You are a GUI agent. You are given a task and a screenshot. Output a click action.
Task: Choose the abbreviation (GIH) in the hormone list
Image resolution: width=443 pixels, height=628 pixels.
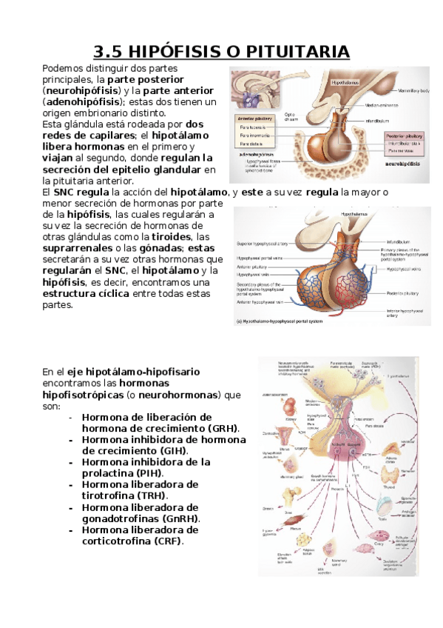point(172,450)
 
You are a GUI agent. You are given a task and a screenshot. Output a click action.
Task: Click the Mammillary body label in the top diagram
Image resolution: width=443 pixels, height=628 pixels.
point(413,91)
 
